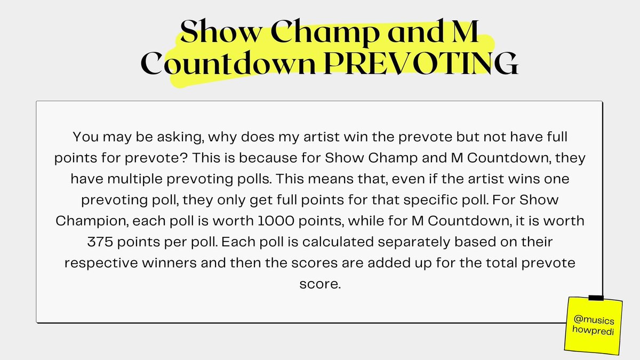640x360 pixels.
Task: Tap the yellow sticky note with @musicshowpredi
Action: pyautogui.click(x=594, y=324)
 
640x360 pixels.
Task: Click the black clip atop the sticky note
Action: pyautogui.click(x=595, y=298)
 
